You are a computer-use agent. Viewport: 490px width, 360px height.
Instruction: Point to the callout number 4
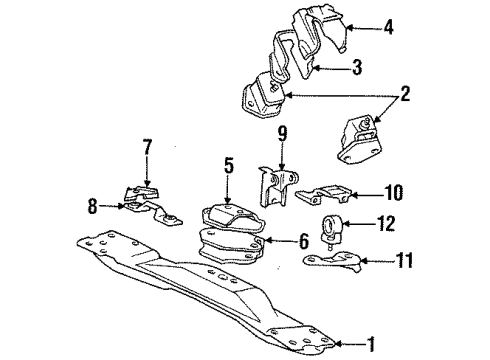389,29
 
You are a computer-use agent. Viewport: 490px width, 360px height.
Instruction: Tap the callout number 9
282,132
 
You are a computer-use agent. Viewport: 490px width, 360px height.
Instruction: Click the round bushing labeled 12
332,227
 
